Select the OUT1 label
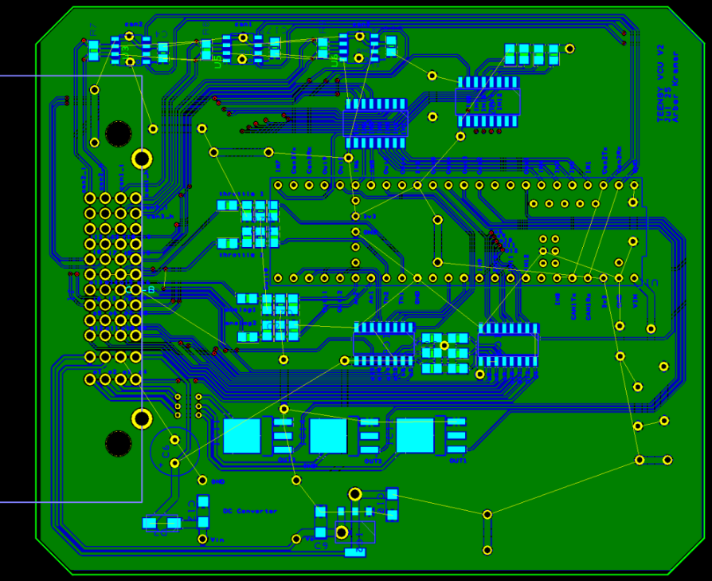457,461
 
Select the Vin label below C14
215,540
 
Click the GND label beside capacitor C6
217,482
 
